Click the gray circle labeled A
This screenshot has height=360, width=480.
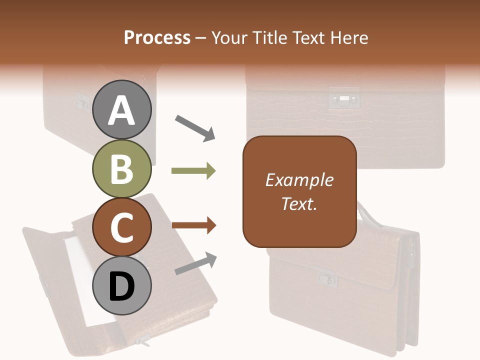pyautogui.click(x=121, y=110)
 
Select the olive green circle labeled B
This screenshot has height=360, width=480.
pyautogui.click(x=121, y=168)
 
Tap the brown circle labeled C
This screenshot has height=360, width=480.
pyautogui.click(x=121, y=227)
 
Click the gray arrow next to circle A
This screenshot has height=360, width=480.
pyautogui.click(x=194, y=127)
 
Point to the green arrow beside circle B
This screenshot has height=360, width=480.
pyautogui.click(x=193, y=171)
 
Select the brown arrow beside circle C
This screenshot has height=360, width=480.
pyautogui.click(x=193, y=225)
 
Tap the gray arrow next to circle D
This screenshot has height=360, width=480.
pyautogui.click(x=195, y=263)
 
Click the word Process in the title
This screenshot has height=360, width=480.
pyautogui.click(x=157, y=37)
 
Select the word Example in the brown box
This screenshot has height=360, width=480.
pyautogui.click(x=299, y=180)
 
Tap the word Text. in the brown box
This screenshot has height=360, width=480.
pyautogui.click(x=299, y=203)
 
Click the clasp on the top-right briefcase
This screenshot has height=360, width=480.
pyautogui.click(x=344, y=98)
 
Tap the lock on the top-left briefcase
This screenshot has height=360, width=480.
pyautogui.click(x=81, y=101)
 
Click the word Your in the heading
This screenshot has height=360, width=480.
pyautogui.click(x=228, y=37)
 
